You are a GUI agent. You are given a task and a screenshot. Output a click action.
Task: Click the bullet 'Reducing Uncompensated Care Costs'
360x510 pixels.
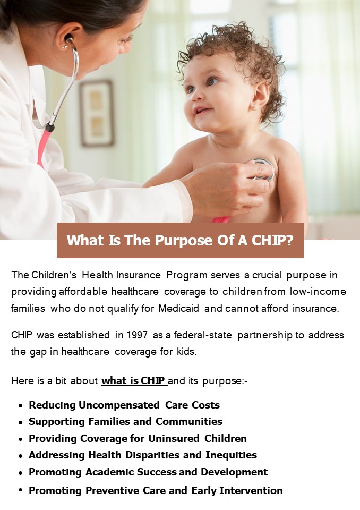click(x=124, y=405)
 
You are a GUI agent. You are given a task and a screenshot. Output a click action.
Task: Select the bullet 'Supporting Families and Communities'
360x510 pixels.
click(x=125, y=422)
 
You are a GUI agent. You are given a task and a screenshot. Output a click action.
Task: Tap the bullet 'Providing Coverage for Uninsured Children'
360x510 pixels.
click(x=138, y=439)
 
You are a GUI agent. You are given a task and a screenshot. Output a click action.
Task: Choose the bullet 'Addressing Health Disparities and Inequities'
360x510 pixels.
click(x=143, y=455)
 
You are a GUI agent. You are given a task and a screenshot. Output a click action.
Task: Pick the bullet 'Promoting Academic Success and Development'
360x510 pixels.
click(x=148, y=472)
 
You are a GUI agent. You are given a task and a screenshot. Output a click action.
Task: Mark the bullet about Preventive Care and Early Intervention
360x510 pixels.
click(x=156, y=490)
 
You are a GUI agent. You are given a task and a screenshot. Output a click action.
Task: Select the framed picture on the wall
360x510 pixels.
click(x=97, y=113)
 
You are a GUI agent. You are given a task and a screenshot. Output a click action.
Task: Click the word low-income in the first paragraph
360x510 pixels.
click(x=319, y=292)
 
